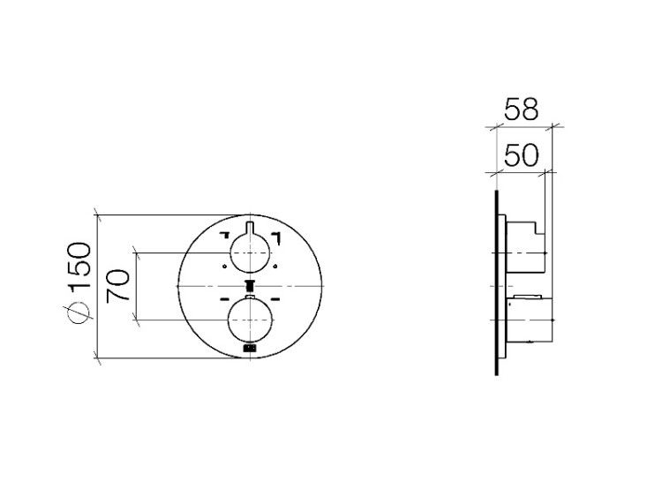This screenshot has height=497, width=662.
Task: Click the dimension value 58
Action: pyautogui.click(x=522, y=109)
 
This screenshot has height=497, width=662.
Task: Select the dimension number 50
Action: pyautogui.click(x=522, y=155)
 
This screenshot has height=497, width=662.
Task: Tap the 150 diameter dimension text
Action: pyautogui.click(x=79, y=265)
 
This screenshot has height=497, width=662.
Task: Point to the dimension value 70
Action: pyautogui.click(x=117, y=286)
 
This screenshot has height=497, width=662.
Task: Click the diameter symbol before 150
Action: pyautogui.click(x=79, y=313)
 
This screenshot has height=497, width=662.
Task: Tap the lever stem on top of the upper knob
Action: pyautogui.click(x=250, y=228)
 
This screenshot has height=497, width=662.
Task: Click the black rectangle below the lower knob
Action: pyautogui.click(x=250, y=349)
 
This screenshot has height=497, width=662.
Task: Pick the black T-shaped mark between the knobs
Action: pyautogui.click(x=250, y=286)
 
